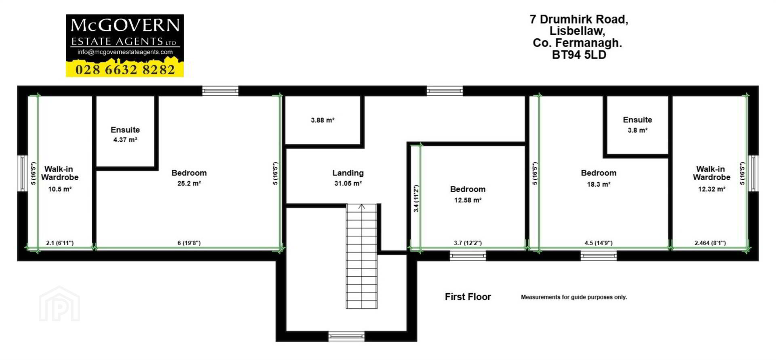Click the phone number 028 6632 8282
[125, 70]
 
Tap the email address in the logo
[125, 52]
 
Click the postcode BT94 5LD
[579, 55]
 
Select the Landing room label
[348, 173]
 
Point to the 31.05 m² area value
[348, 183]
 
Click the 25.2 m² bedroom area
[189, 183]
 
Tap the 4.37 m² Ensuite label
[125, 140]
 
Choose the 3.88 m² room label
[323, 120]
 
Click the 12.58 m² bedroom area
[468, 200]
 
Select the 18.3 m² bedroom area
[599, 184]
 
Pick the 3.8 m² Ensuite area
[637, 130]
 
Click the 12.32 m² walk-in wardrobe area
[712, 189]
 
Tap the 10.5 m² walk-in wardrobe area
[60, 189]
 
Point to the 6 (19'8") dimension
[189, 243]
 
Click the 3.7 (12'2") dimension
[468, 243]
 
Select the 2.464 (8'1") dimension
[710, 243]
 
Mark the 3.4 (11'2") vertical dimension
[416, 199]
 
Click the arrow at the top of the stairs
[362, 206]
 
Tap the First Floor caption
[468, 297]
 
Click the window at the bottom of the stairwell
[346, 336]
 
